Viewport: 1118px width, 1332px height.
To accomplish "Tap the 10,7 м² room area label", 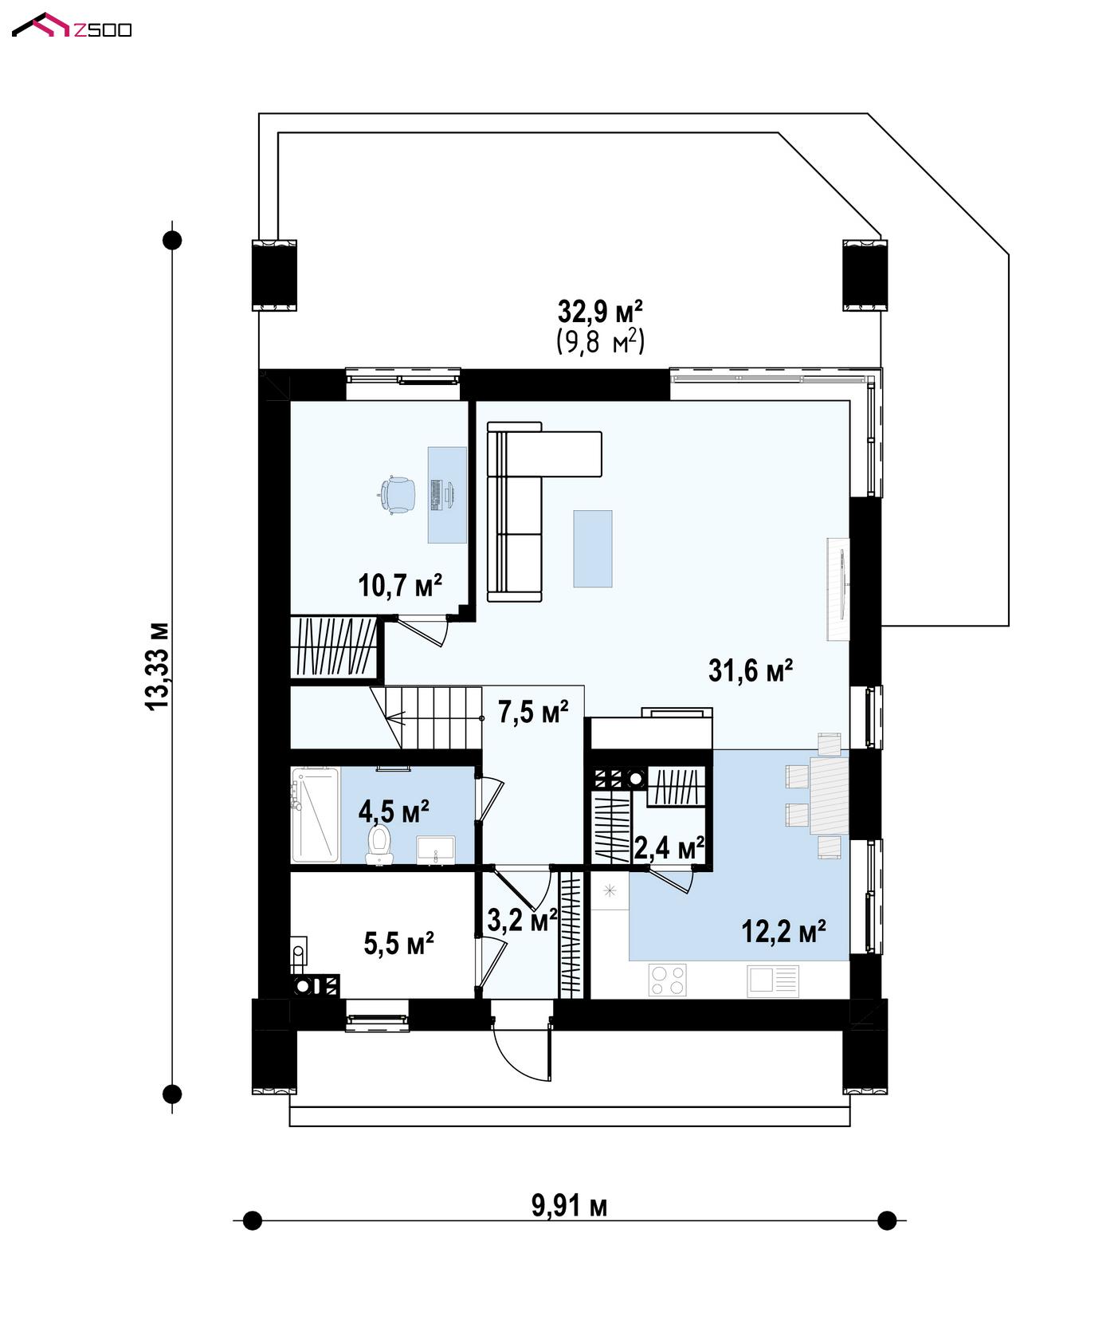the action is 400,586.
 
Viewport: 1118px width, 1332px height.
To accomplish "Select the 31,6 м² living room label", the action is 751,670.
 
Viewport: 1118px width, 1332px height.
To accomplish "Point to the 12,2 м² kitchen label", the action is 783,930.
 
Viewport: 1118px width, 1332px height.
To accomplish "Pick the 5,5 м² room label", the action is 398,944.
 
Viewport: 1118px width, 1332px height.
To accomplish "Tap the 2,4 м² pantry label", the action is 669,848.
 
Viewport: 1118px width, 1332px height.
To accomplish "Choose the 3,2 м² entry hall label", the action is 522,921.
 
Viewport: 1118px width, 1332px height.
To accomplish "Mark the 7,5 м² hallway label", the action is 533,712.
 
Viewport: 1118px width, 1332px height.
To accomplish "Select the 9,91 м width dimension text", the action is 569,1206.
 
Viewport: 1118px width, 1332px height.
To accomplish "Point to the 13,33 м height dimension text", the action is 158,665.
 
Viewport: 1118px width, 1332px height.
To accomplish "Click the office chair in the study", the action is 396,495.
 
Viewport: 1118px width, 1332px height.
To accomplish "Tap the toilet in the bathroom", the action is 379,845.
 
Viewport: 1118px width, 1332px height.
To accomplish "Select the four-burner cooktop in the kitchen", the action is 668,980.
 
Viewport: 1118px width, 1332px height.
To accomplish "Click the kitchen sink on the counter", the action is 772,981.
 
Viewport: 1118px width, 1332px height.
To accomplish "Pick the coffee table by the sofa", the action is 593,548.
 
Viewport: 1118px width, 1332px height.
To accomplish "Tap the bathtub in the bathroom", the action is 316,815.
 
